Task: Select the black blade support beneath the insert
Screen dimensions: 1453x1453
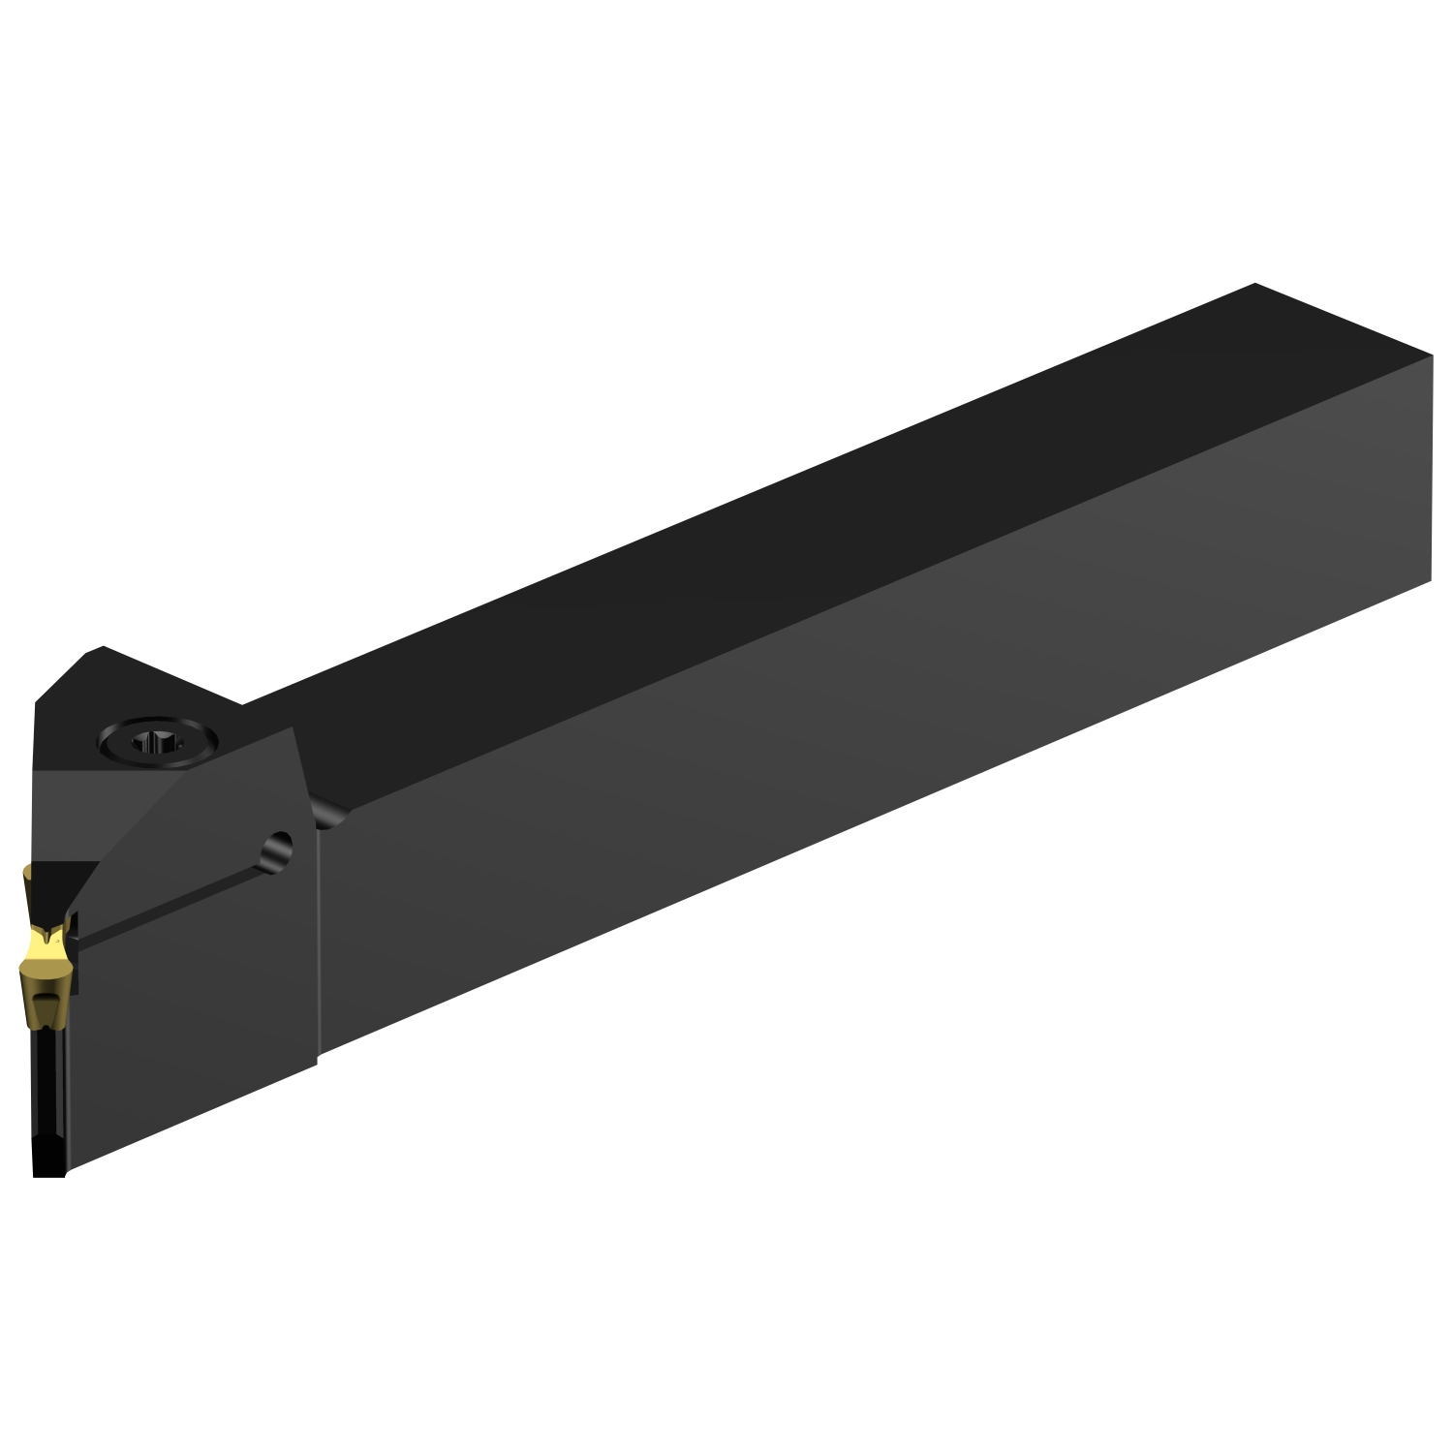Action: pyautogui.click(x=48, y=1095)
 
